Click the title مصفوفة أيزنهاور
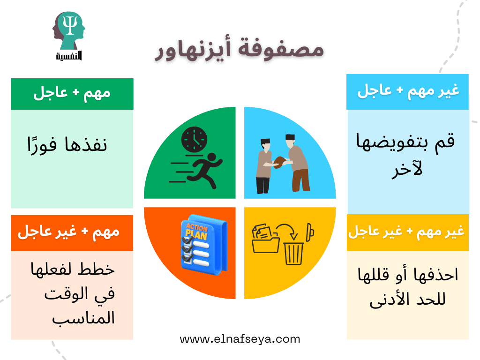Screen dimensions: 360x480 tap(239, 51)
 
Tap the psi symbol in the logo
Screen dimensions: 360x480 tap(69, 28)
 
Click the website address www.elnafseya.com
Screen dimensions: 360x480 tap(240, 339)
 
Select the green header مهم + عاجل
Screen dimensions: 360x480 tap(72, 93)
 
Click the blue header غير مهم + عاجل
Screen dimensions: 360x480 tap(407, 91)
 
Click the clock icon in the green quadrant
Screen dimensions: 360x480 tap(194, 139)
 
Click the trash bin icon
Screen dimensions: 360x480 tap(294, 252)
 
